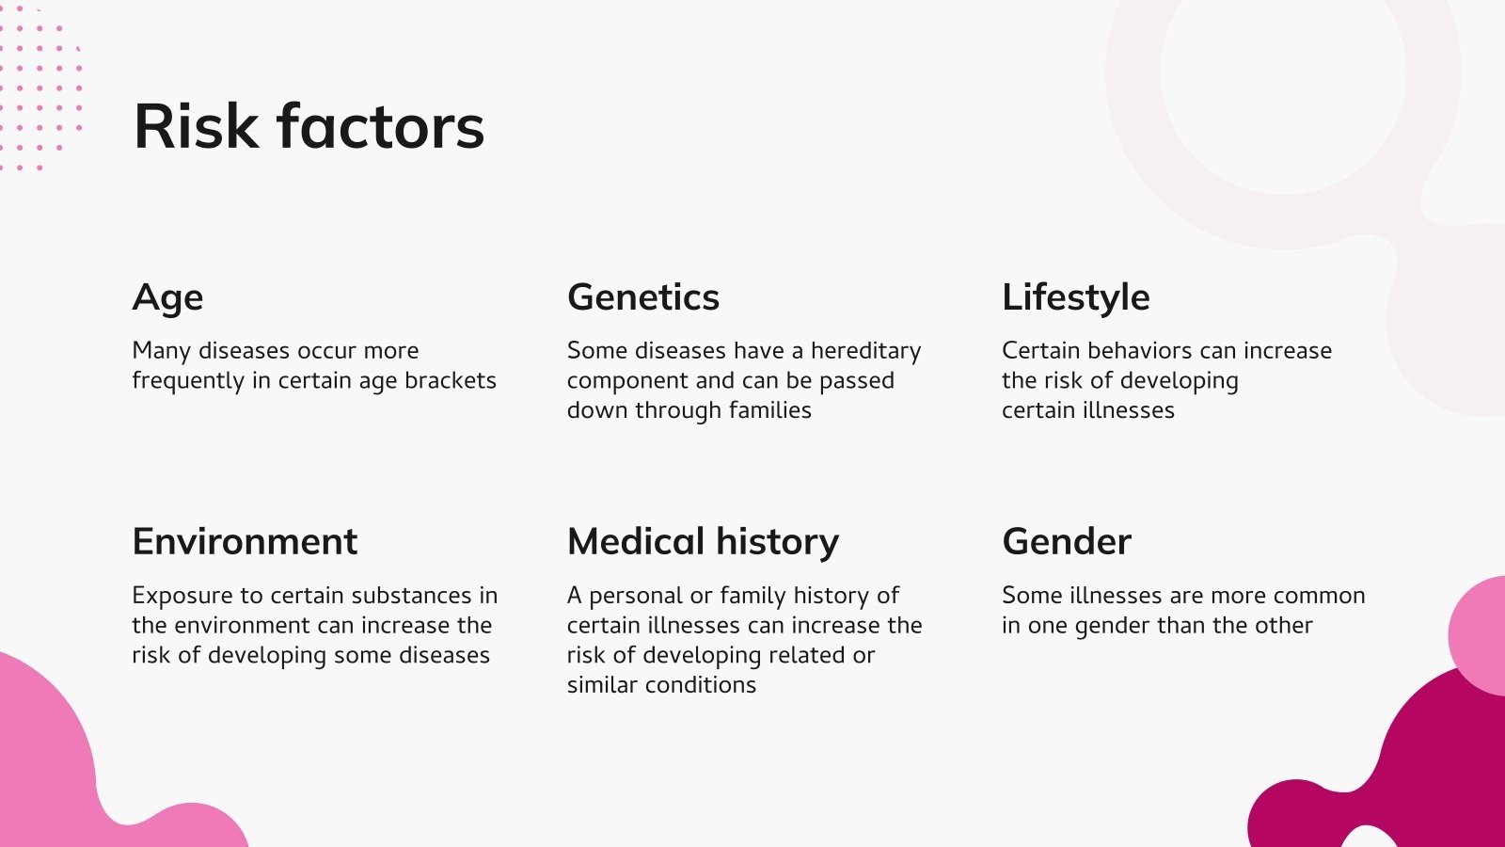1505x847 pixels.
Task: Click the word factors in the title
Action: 381,127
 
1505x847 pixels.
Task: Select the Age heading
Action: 167,298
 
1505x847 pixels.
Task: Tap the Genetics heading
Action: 643,297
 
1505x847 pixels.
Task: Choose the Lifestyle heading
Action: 1075,298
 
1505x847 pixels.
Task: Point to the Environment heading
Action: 245,542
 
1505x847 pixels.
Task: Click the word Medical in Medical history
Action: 636,542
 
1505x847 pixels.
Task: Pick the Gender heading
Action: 1067,542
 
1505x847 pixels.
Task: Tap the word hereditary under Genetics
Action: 865,351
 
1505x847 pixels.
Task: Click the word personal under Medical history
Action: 636,597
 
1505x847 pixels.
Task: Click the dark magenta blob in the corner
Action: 1411,762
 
